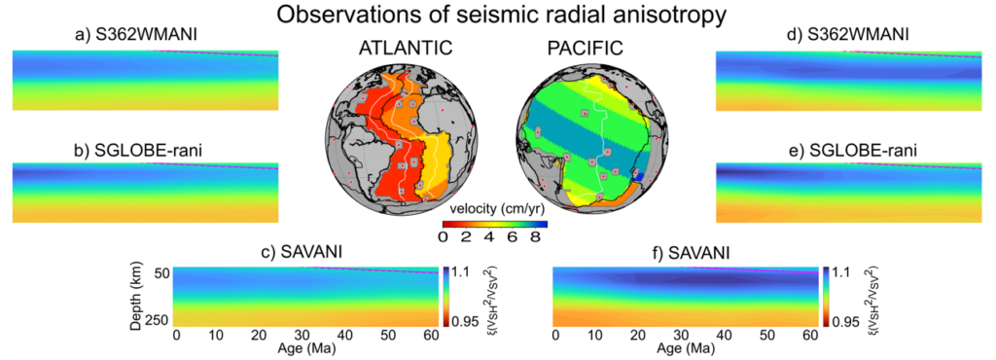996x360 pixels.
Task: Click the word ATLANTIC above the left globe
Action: point(401,48)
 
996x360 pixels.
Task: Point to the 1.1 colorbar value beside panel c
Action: point(461,272)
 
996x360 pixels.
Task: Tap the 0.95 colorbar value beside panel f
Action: point(844,320)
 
